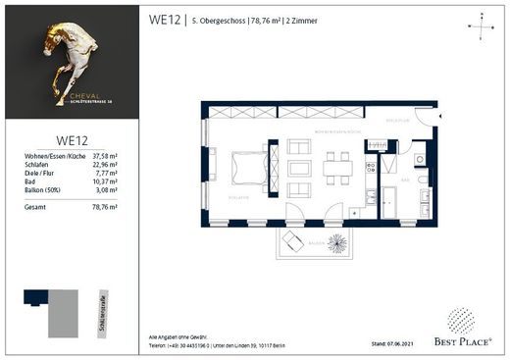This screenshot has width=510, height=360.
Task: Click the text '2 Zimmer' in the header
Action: [x=328, y=20]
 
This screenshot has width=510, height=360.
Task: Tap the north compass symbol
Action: [x=479, y=27]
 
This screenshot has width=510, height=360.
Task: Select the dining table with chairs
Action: [x=337, y=168]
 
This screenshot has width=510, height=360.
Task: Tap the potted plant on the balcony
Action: [x=336, y=242]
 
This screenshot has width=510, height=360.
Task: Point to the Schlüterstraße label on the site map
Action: [x=101, y=312]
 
